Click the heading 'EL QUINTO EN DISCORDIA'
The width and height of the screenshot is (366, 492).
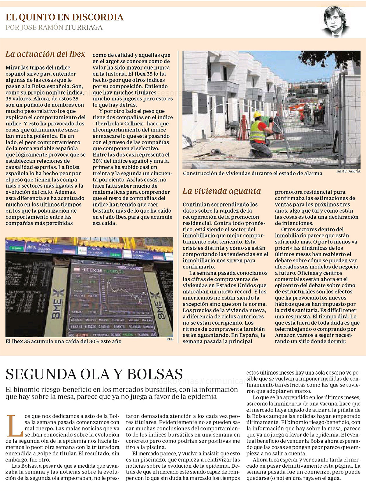pos(65,17)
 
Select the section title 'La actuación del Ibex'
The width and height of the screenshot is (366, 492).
pos(45,54)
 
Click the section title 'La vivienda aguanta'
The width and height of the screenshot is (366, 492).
pos(222,191)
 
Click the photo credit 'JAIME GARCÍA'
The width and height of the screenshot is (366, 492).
pos(348,171)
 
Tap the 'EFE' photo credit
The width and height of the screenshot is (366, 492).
pos(170,339)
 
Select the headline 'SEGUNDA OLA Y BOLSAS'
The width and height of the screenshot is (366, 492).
pos(94,374)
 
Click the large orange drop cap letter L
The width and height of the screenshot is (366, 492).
pos(14,426)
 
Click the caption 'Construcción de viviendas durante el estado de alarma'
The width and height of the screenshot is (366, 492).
pos(253,173)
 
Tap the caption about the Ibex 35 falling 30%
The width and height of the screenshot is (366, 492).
pos(63,341)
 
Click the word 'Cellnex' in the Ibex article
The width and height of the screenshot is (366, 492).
pos(133,124)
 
